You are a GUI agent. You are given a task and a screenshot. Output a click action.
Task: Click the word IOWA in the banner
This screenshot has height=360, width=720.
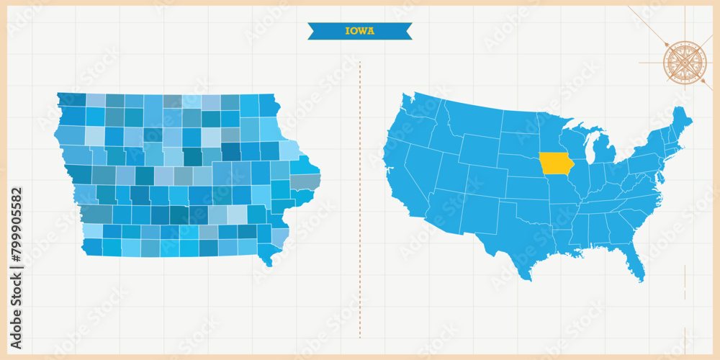tap(360, 31)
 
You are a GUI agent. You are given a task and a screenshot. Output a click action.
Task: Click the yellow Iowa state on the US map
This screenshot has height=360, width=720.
tap(554, 163)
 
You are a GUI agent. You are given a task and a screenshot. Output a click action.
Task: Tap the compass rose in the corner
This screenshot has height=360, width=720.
tap(685, 62)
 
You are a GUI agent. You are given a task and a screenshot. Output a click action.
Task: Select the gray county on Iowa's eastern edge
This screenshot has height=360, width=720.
tap(305, 181)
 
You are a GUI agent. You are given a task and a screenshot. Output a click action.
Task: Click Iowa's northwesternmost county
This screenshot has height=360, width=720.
tap(71, 99)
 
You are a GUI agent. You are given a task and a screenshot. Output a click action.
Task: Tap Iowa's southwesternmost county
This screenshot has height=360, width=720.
tap(92, 246)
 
